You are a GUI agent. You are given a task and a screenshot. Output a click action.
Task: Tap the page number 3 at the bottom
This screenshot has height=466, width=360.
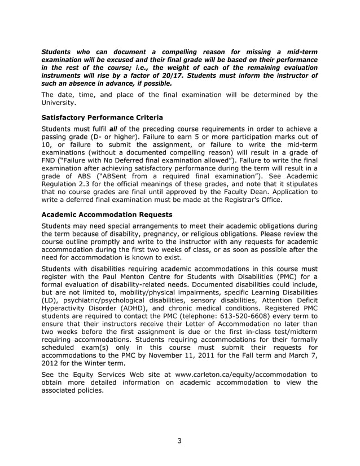point(179,441)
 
